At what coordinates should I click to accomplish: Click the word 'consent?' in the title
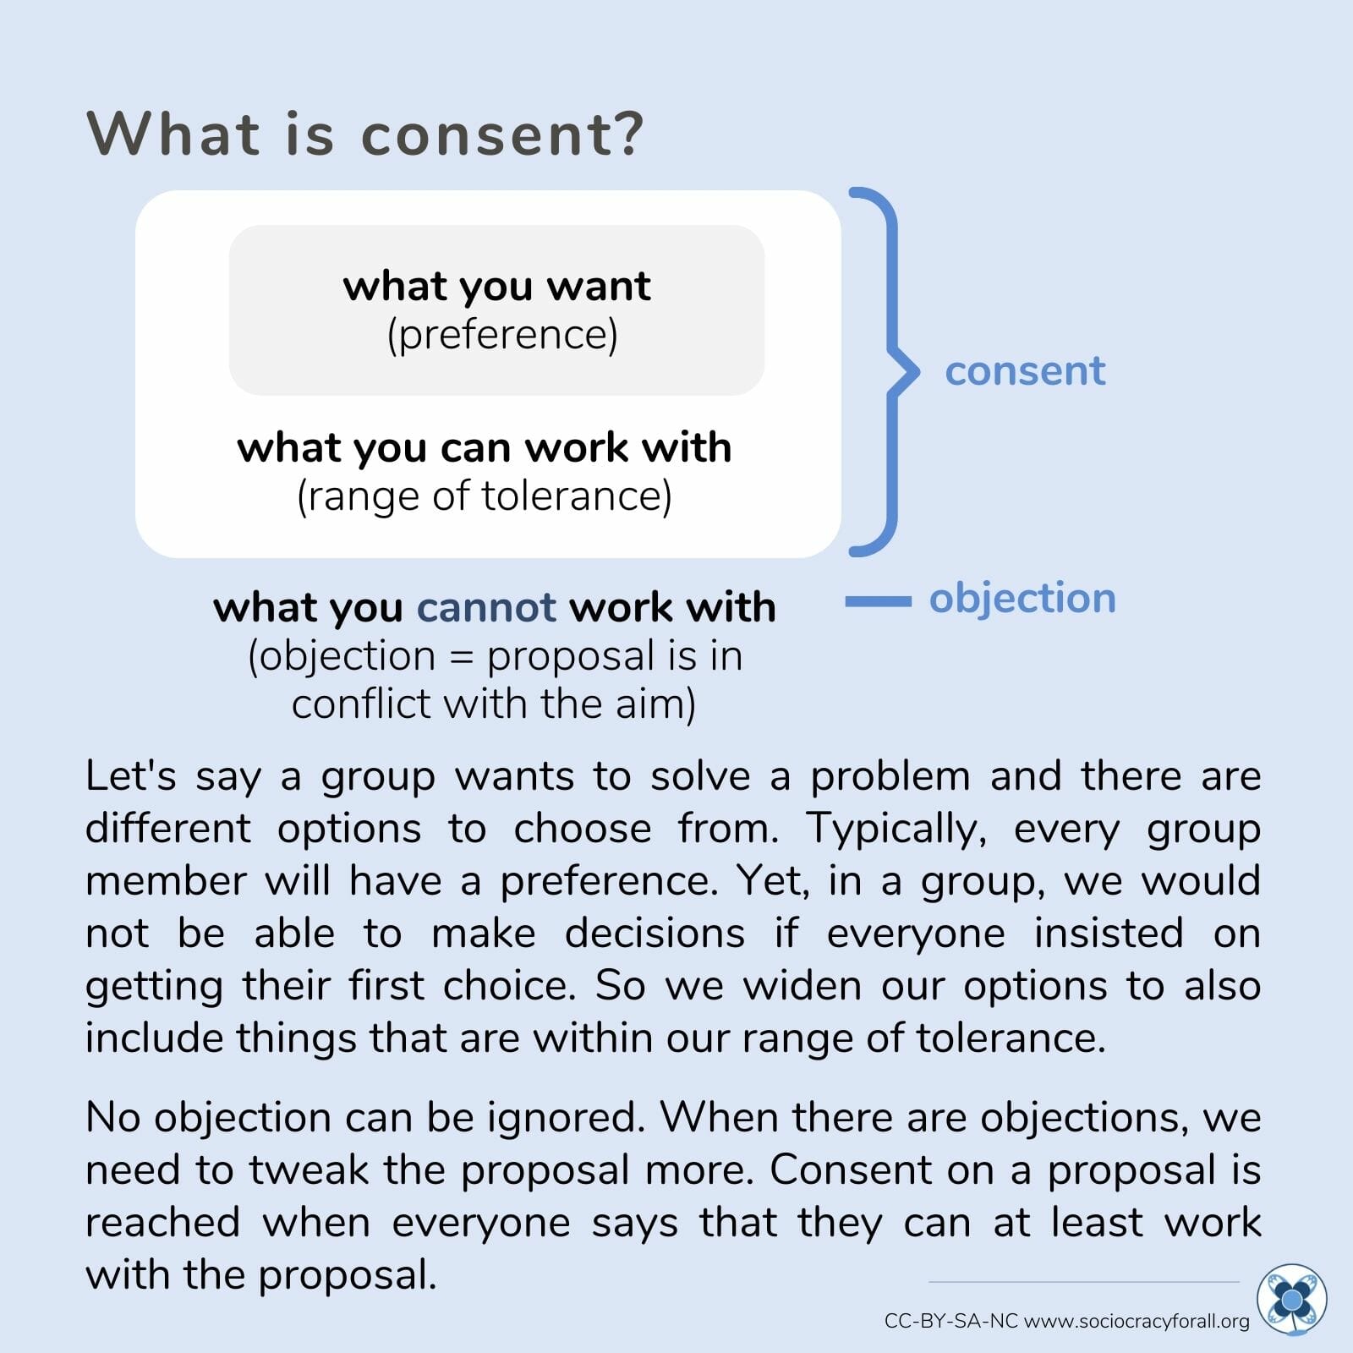pos(503,134)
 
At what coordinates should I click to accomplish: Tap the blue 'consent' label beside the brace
pos(1025,370)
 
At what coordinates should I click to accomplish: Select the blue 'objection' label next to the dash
pos(1022,599)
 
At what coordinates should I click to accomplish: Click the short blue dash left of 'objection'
pos(879,601)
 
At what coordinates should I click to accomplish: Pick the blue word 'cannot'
pos(486,607)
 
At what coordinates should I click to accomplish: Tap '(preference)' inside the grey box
pos(502,335)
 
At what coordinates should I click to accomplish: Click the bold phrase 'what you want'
pos(496,287)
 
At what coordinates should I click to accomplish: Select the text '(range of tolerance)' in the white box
pos(485,496)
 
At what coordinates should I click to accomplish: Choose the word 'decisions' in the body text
pos(655,934)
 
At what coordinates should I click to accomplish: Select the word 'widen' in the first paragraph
pos(802,986)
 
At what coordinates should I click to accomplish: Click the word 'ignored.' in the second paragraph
pos(567,1118)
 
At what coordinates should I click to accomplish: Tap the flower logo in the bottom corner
pos(1291,1299)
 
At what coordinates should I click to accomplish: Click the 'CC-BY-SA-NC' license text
pos(951,1321)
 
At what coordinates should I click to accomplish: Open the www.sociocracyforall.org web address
pos(1137,1322)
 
